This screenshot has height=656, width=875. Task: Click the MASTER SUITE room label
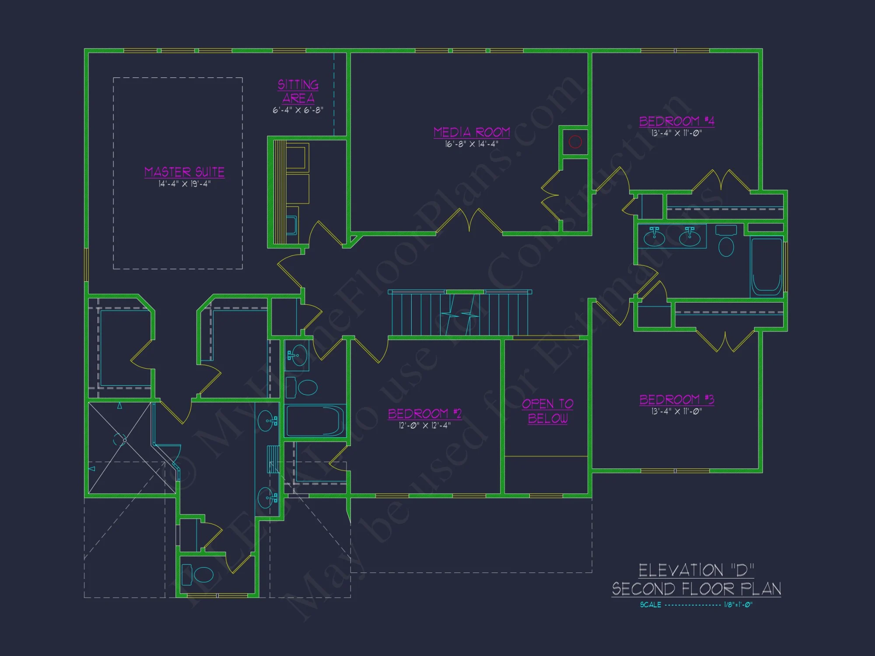[x=184, y=172]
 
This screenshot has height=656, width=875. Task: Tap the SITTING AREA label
[x=298, y=91]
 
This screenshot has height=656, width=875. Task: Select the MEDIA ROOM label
[x=472, y=132]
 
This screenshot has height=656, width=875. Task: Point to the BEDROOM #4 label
[x=676, y=121]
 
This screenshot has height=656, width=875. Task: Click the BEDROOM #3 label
[x=676, y=399]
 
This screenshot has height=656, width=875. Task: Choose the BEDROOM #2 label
[x=424, y=413]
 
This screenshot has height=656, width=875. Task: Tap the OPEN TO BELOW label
[x=547, y=411]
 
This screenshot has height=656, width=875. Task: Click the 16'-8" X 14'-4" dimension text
[x=472, y=144]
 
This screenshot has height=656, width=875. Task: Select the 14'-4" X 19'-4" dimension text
[x=184, y=184]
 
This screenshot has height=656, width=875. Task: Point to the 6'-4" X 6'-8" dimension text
[x=298, y=110]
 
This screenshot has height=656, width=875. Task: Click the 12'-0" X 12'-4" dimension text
[x=424, y=425]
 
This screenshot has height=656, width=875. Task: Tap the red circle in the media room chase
[x=575, y=142]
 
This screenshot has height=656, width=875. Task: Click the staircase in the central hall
[x=459, y=314]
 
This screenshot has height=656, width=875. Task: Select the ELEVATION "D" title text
[x=696, y=570]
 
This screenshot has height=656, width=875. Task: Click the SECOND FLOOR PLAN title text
[x=696, y=589]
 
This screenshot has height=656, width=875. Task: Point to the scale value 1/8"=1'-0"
[x=738, y=605]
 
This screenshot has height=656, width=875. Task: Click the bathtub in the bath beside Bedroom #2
[x=315, y=421]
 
